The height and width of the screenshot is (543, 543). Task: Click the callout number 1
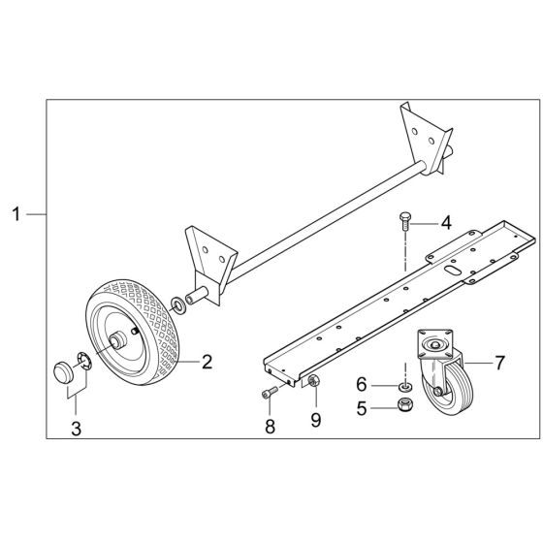click(16, 212)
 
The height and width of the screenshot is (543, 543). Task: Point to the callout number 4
click(446, 222)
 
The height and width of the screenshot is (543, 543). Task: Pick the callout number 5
click(363, 408)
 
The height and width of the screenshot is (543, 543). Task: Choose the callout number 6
click(363, 385)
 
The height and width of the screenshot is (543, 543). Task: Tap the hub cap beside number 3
click(64, 373)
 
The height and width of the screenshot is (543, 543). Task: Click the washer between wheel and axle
click(179, 306)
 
